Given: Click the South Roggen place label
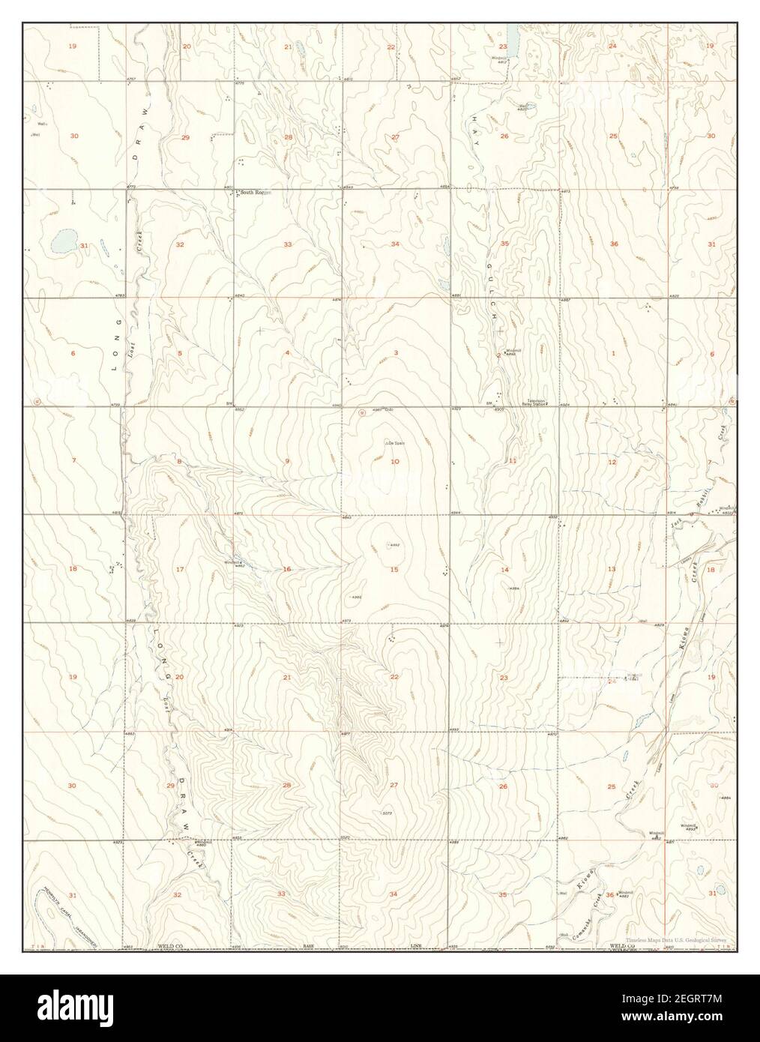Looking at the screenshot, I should [x=253, y=193].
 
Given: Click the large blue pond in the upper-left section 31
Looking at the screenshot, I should [x=62, y=241].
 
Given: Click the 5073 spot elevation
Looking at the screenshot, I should [x=387, y=813].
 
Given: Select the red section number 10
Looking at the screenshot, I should [x=394, y=461].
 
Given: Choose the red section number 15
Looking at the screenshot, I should [x=394, y=570].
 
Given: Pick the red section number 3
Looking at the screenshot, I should [x=394, y=352].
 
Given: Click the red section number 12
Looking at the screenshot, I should [x=612, y=462].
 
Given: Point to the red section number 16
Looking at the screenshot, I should [x=286, y=570].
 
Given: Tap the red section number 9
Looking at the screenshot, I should [x=286, y=461].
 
